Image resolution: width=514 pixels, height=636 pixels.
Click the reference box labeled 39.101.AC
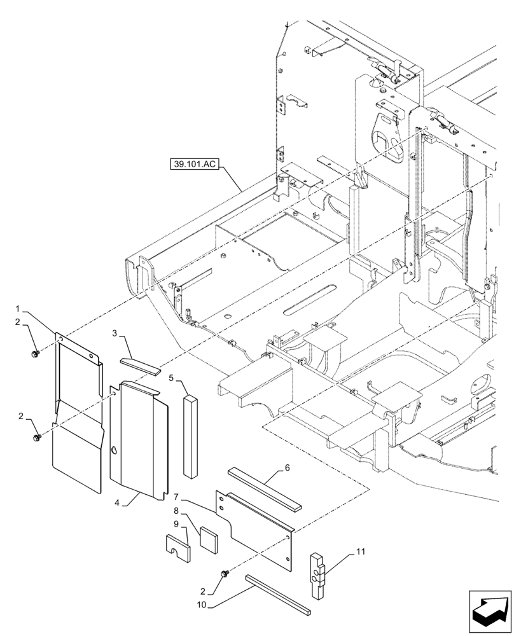(194, 164)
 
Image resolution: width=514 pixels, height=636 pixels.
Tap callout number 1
(18, 309)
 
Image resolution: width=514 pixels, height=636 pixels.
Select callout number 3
(116, 333)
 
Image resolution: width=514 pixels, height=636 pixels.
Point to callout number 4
(118, 503)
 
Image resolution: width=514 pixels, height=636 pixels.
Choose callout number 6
(287, 467)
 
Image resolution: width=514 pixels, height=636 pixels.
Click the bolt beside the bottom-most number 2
(225, 575)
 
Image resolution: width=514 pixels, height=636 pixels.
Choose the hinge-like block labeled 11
(318, 575)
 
